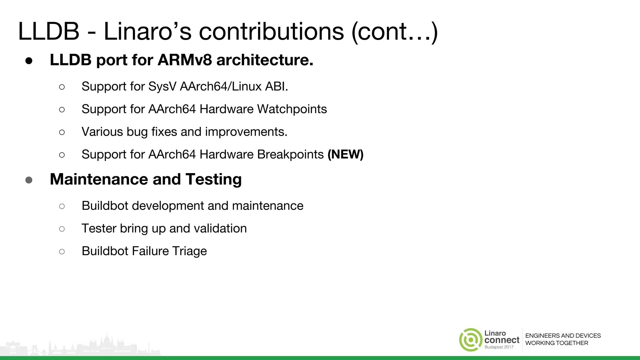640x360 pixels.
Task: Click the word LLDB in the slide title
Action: point(49,31)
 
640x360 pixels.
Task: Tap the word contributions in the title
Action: point(271,31)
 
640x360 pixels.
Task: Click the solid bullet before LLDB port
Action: point(29,61)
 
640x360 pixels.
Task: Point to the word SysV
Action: point(162,87)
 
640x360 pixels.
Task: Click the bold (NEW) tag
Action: point(345,154)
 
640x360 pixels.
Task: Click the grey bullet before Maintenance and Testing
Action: point(29,180)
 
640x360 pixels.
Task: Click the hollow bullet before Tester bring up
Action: point(62,229)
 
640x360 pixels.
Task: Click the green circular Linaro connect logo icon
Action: point(471,340)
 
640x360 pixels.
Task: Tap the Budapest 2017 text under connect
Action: point(499,347)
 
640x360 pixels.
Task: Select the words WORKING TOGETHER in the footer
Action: point(557,343)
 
